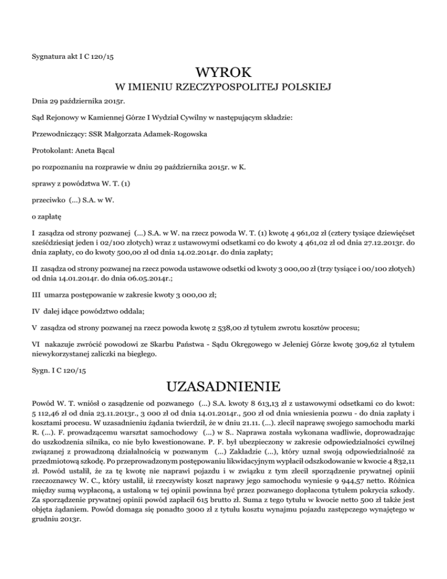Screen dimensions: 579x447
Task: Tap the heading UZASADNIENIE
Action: (223, 386)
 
